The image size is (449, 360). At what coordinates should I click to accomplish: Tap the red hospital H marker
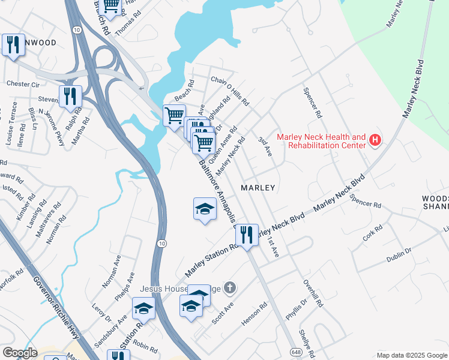(375, 140)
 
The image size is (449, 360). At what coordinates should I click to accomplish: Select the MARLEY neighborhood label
(258, 188)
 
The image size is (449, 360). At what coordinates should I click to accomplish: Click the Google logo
(20, 353)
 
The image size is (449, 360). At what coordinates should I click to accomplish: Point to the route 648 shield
(295, 351)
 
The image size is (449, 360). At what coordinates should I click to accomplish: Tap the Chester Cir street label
(23, 84)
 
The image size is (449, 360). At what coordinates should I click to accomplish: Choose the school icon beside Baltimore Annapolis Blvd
(205, 209)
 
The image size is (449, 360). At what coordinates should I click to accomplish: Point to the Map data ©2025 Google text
(412, 355)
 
